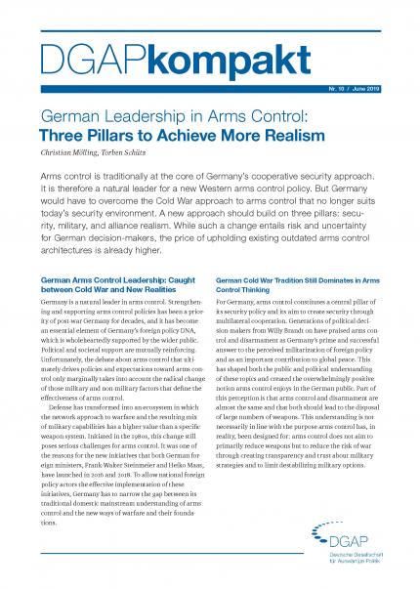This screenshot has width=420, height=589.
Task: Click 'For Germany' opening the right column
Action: (x=234, y=309)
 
